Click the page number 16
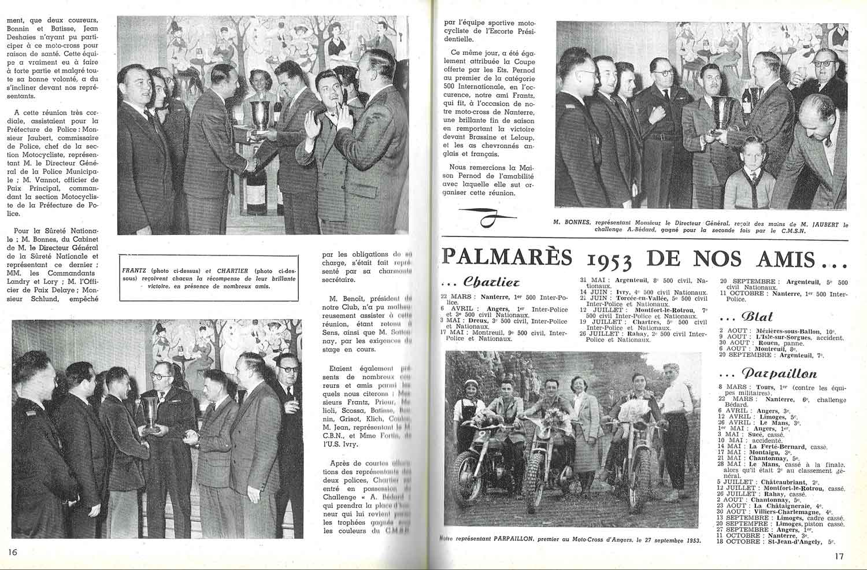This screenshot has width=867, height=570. [x=13, y=552]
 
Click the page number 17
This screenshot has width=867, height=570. [x=839, y=557]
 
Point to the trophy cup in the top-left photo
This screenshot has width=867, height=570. [x=260, y=115]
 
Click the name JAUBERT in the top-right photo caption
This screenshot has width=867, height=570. [x=817, y=223]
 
